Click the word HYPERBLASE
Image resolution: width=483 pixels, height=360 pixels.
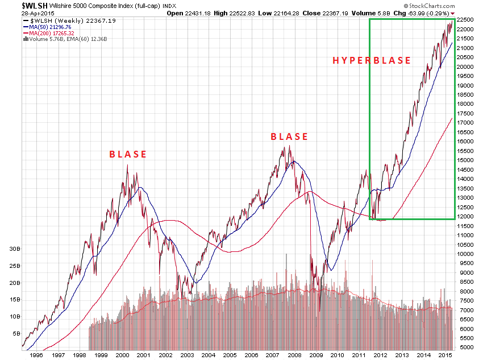[372, 60]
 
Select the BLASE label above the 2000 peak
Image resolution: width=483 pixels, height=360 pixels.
[128, 154]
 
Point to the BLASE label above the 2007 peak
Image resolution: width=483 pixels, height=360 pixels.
[289, 136]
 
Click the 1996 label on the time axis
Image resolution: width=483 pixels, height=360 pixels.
[35, 354]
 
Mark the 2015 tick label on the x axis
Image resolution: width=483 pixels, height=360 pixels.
[444, 354]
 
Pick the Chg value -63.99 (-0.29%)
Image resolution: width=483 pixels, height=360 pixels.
[423, 12]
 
